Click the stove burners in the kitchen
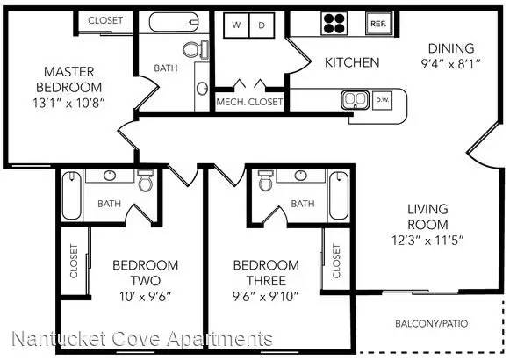pyautogui.click(x=334, y=23)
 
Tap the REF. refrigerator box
pyautogui.click(x=378, y=23)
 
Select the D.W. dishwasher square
pyautogui.click(x=382, y=100)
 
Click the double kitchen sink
pyautogui.click(x=356, y=100)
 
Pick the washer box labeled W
pyautogui.click(x=236, y=25)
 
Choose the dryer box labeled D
pyautogui.click(x=262, y=25)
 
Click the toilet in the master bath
pyautogui.click(x=196, y=49)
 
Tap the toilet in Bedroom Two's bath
pyautogui.click(x=146, y=180)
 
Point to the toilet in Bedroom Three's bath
pyautogui.click(x=266, y=180)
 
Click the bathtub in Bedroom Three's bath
pyautogui.click(x=339, y=196)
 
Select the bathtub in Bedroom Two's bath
pyautogui.click(x=72, y=196)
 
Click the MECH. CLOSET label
pyautogui.click(x=249, y=102)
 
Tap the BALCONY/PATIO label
pyautogui.click(x=432, y=324)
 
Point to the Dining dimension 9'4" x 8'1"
pyautogui.click(x=451, y=64)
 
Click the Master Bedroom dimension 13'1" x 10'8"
pyautogui.click(x=68, y=103)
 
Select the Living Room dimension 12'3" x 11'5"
pyautogui.click(x=427, y=241)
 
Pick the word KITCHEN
pyautogui.click(x=352, y=62)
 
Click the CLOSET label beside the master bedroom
pyautogui.click(x=105, y=20)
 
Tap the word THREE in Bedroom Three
pyautogui.click(x=266, y=280)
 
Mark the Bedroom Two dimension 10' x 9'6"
pyautogui.click(x=146, y=296)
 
